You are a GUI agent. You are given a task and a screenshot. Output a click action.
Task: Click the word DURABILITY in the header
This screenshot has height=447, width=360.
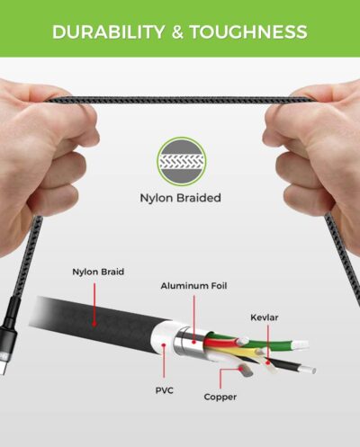coord(108,31)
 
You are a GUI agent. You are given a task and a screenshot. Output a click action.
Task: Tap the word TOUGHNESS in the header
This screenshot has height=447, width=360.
coord(248,31)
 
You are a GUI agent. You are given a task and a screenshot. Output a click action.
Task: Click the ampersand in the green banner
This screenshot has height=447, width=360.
coord(177,31)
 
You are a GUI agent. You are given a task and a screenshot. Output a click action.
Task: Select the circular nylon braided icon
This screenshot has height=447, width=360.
coord(182,162)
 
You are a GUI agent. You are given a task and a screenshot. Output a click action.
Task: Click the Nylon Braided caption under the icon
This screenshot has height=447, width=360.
coord(181,198)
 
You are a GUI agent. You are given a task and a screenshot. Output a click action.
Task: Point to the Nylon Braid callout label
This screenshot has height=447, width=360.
coord(98,272)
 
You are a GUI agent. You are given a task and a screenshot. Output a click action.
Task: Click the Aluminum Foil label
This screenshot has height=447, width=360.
coord(193,286)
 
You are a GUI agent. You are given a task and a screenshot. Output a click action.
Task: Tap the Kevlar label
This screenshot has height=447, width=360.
coord(265,317)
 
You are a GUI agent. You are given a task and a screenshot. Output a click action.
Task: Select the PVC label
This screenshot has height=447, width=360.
coord(164,390)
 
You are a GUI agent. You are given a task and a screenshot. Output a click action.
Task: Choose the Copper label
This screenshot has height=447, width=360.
coord(220,397)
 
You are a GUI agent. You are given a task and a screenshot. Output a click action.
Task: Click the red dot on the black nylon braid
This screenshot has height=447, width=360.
coord(94,324)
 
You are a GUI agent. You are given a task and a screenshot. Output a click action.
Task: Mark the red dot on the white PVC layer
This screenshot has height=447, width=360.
coord(164,345)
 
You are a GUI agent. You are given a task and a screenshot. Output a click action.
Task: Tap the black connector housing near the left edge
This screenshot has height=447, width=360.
coord(6,330)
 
